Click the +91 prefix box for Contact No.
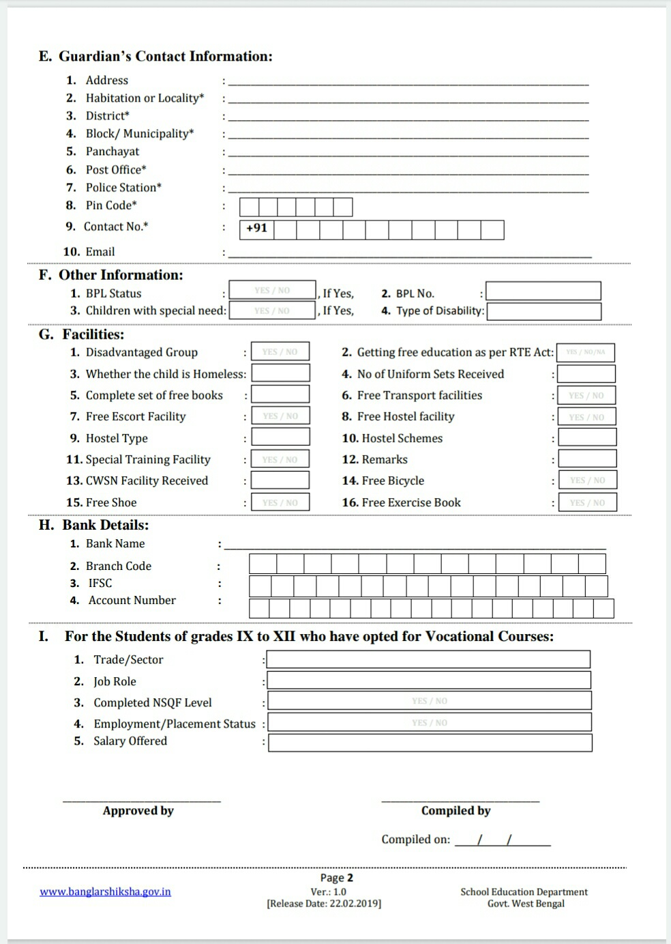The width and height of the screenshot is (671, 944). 256,229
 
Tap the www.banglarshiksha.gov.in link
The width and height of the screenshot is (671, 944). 105,891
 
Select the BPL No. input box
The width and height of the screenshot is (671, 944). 543,291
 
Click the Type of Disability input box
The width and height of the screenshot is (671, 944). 544,311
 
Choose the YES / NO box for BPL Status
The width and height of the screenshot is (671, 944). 272,291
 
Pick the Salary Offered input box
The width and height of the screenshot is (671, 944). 430,743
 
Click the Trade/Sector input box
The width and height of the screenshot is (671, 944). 428,659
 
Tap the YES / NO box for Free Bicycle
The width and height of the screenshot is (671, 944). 587,481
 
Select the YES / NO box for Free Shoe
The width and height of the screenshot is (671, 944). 280,502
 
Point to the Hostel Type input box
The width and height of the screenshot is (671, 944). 280,438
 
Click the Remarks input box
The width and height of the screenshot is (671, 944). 587,459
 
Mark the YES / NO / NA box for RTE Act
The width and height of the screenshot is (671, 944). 585,352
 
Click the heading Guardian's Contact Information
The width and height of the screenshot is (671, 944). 165,57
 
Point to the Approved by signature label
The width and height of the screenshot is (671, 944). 138,811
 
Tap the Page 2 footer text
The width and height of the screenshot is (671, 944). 337,878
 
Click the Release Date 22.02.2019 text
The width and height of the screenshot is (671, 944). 324,904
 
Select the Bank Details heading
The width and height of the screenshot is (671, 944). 105,525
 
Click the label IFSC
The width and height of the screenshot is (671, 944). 100,583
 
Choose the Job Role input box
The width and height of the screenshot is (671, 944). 428,681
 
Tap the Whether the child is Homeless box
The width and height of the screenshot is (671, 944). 281,373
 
